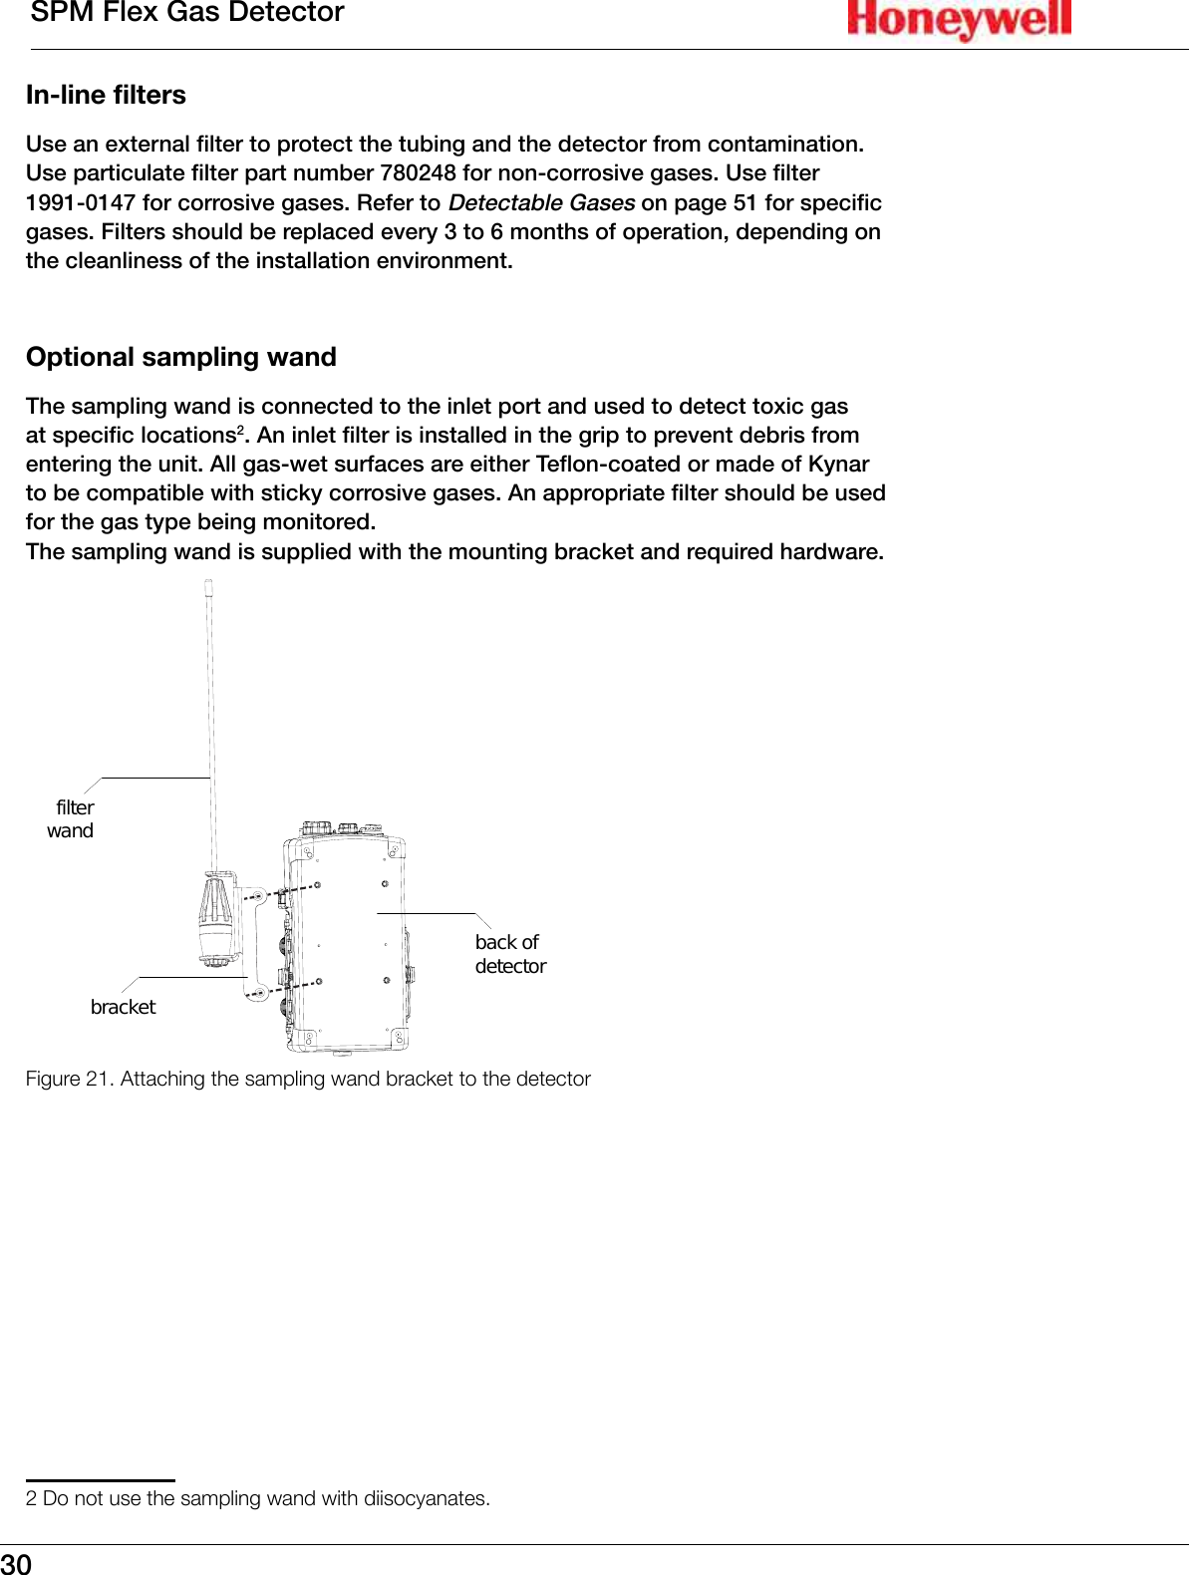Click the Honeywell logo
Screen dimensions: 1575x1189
point(959,20)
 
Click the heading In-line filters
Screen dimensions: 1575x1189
point(106,96)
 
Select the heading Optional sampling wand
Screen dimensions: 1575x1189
point(181,357)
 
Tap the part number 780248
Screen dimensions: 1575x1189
point(418,173)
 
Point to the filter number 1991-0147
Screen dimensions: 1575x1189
point(80,203)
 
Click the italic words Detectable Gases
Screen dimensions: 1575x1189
point(541,203)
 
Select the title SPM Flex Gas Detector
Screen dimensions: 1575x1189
point(187,13)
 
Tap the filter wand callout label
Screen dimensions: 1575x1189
point(72,818)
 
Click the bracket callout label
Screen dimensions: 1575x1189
point(123,1007)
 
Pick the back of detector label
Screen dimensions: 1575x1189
point(509,954)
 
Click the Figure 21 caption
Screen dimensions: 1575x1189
point(308,1079)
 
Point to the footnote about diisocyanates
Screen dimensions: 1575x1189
point(258,1498)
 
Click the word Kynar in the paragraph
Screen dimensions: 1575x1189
point(838,465)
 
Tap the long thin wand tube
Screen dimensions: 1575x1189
point(211,718)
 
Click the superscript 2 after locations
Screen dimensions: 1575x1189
point(240,430)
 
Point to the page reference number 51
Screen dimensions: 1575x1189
point(745,203)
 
